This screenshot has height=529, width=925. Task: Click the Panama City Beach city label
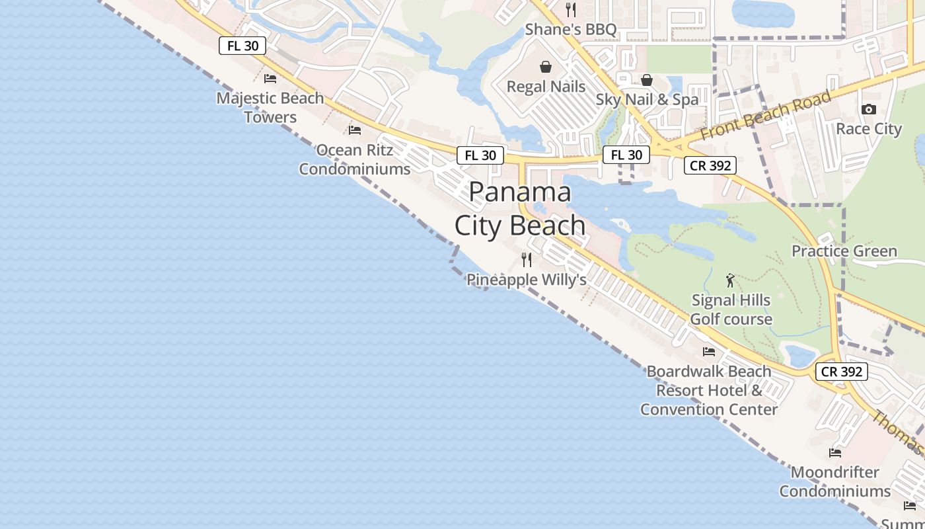coord(520,209)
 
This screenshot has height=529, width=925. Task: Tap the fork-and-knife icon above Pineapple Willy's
coord(527,259)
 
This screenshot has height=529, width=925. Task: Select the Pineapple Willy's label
coord(527,280)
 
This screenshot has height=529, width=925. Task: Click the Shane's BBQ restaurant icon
coord(571,10)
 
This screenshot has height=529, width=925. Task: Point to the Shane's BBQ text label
coord(571,30)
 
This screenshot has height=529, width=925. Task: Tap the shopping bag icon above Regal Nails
coord(546,67)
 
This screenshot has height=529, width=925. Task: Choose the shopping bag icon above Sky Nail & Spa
coord(647,80)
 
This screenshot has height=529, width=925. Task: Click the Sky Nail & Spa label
coord(647,100)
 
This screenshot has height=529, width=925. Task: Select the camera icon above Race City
coord(869,109)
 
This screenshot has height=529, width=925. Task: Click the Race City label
coord(869,128)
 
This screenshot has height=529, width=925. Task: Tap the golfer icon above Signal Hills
coord(730,280)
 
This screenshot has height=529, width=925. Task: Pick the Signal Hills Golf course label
coord(731,309)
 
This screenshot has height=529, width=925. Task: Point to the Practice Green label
coord(844,251)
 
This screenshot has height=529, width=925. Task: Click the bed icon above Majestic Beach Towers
coord(270,79)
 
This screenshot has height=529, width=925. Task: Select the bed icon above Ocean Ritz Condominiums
coord(355,130)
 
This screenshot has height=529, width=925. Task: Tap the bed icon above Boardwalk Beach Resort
coord(709,351)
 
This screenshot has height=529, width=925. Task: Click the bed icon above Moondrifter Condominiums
coord(835,453)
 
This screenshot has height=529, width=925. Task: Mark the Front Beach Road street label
coord(765,116)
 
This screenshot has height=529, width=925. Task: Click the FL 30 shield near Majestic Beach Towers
coord(242,46)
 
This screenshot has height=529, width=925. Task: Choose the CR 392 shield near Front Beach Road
coord(710,165)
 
